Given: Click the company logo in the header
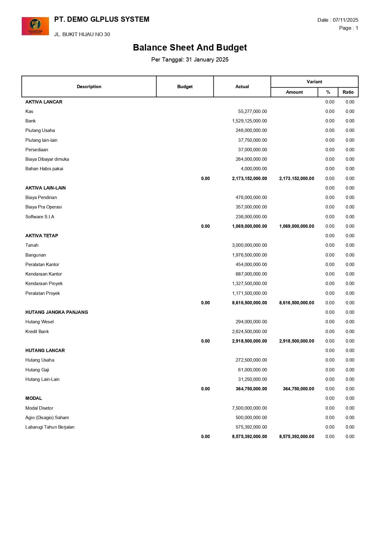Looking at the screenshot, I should (35, 26).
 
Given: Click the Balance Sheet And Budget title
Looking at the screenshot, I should (190, 47).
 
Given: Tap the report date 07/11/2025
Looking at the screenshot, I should (345, 20).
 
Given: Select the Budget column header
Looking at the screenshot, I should (185, 87).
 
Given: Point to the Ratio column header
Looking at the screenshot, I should (348, 92).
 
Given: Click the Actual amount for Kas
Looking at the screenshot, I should (252, 111).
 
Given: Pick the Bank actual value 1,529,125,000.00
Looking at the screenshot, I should (249, 121).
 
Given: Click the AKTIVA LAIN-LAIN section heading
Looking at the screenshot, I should (45, 188).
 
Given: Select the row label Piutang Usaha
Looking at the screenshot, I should (40, 130).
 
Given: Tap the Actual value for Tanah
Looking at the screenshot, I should (249, 245).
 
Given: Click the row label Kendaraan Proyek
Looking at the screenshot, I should (44, 284).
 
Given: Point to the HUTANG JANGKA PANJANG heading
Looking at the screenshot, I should (57, 312).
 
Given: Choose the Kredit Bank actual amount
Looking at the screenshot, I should (249, 332).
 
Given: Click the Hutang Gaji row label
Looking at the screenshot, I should (37, 370).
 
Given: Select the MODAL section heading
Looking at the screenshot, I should (34, 398).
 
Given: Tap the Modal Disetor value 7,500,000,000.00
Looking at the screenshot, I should (249, 408).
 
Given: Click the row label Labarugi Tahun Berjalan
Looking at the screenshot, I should (50, 427).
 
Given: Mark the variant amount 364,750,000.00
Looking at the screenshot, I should (298, 389).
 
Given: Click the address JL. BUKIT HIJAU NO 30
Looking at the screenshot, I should (82, 34).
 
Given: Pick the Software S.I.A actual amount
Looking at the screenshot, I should (251, 217).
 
